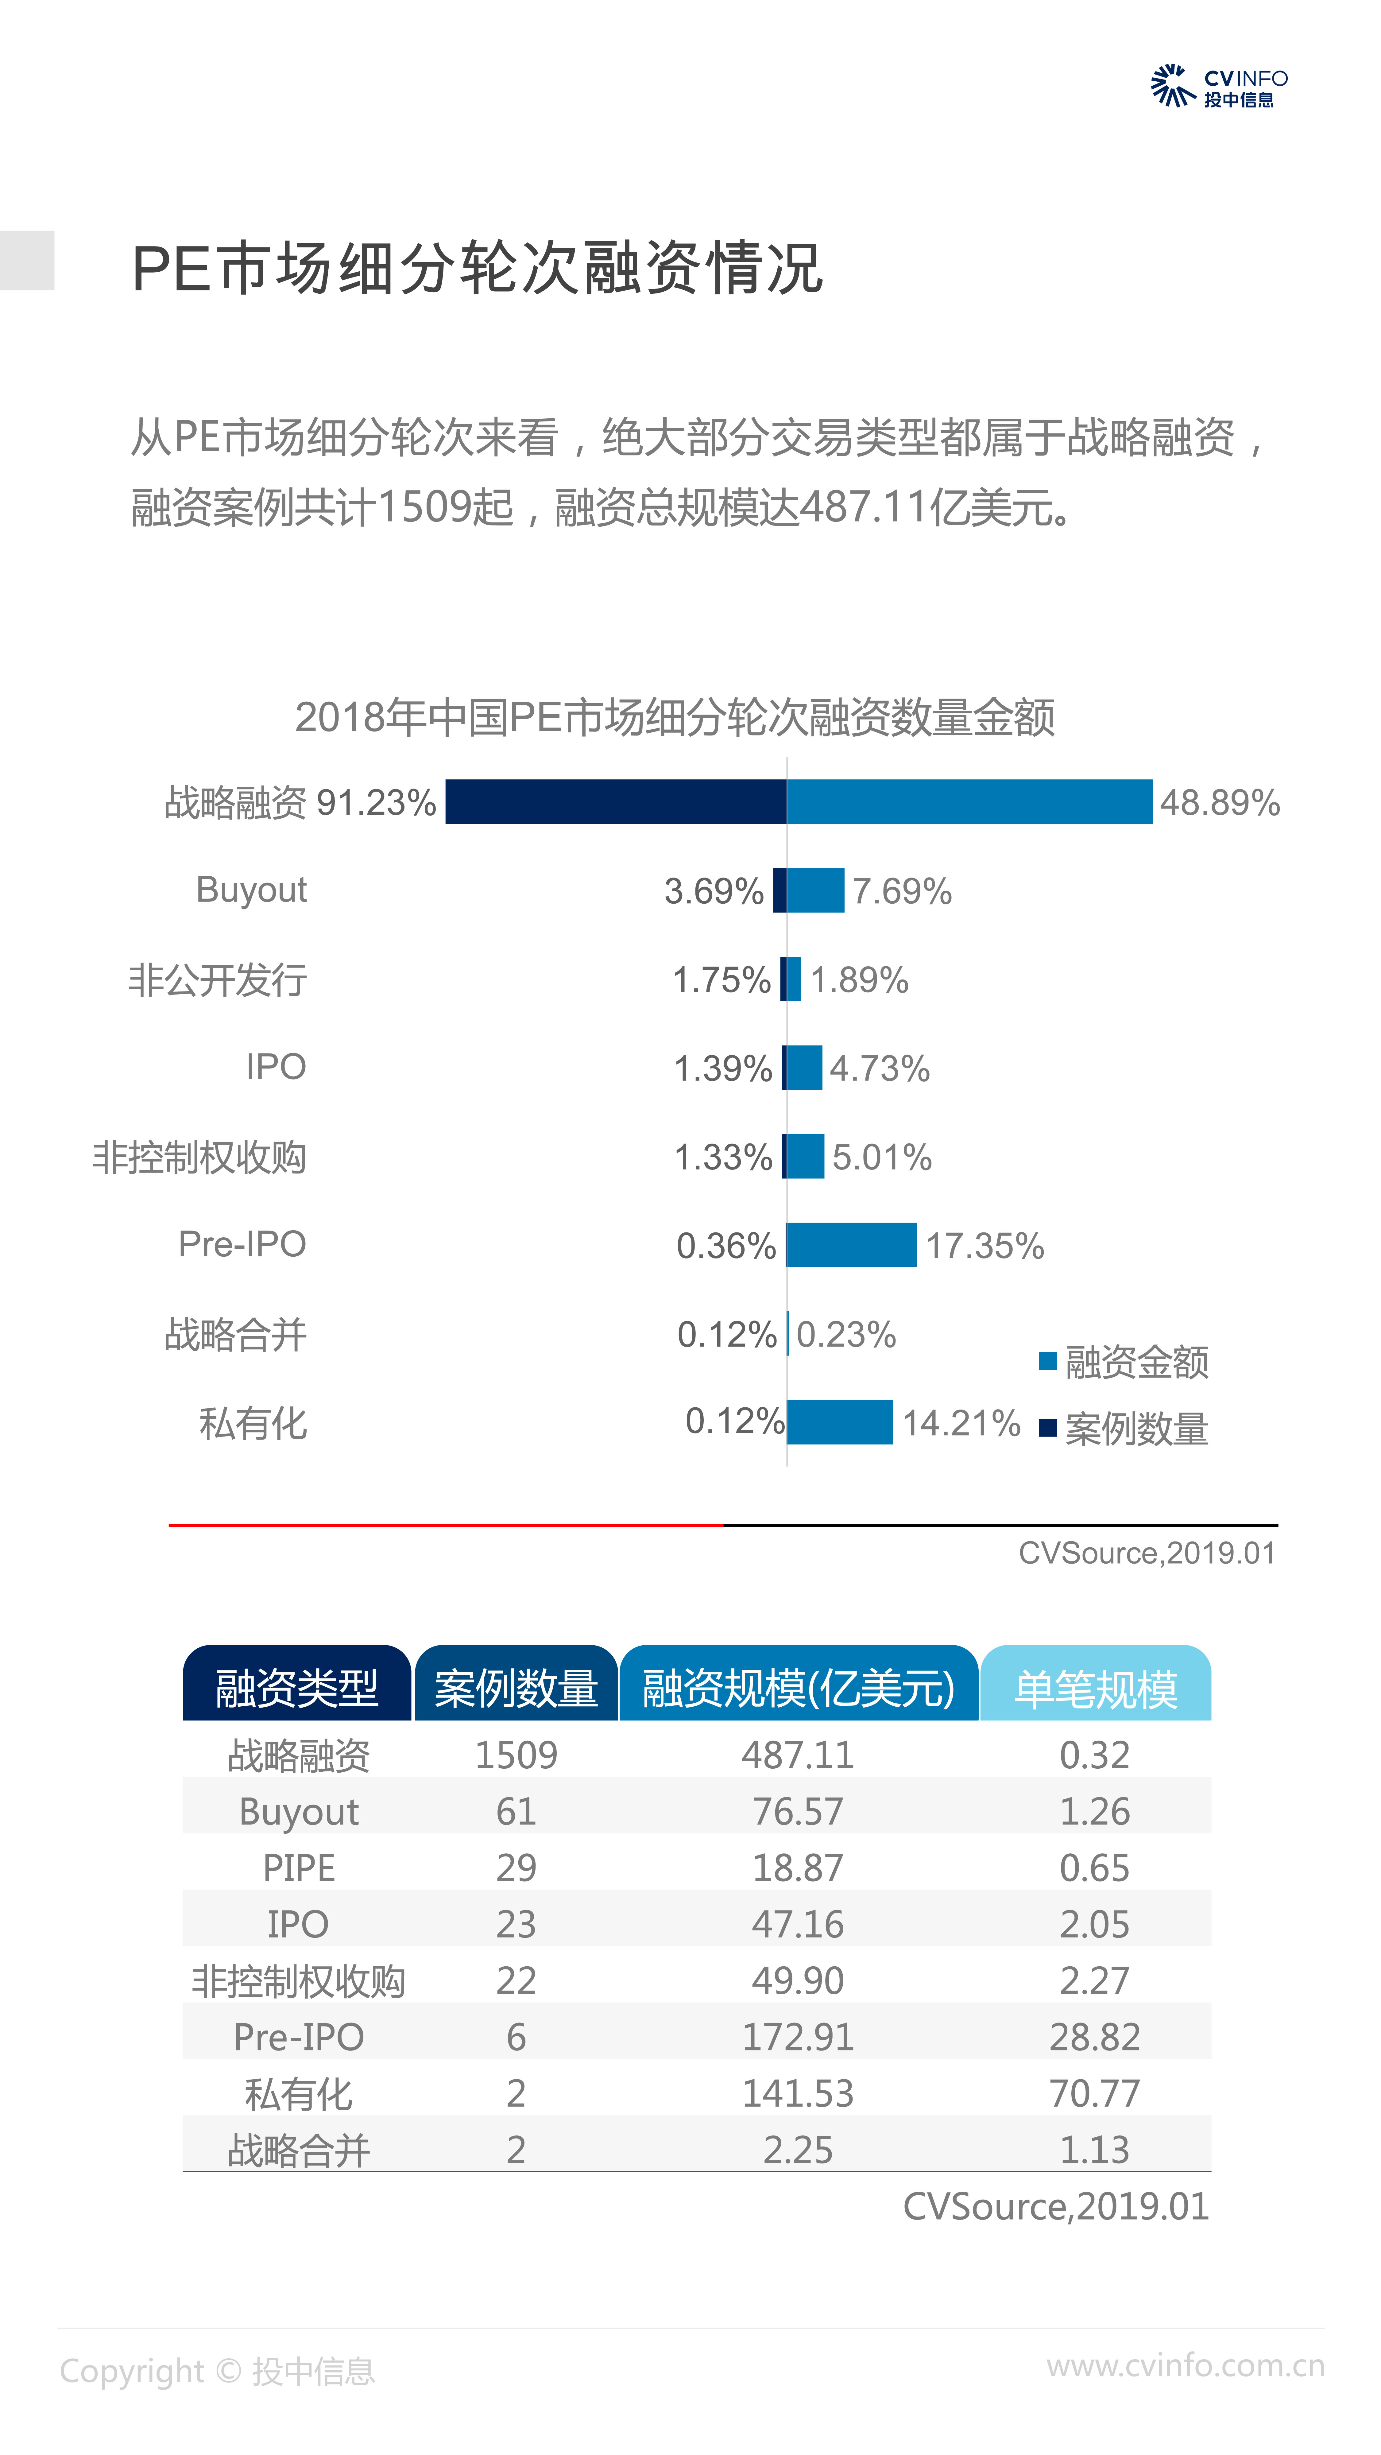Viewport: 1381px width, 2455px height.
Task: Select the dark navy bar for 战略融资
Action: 616,801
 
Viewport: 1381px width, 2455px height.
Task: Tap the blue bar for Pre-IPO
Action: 851,1245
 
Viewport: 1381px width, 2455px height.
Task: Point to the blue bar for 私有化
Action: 840,1422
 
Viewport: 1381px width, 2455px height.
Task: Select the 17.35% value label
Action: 984,1246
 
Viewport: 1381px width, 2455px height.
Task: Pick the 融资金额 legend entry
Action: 1125,1362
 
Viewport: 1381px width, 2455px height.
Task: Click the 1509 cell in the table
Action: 516,1755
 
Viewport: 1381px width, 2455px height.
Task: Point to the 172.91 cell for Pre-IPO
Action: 798,2037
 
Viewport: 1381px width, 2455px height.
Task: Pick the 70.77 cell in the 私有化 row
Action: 1094,2093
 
